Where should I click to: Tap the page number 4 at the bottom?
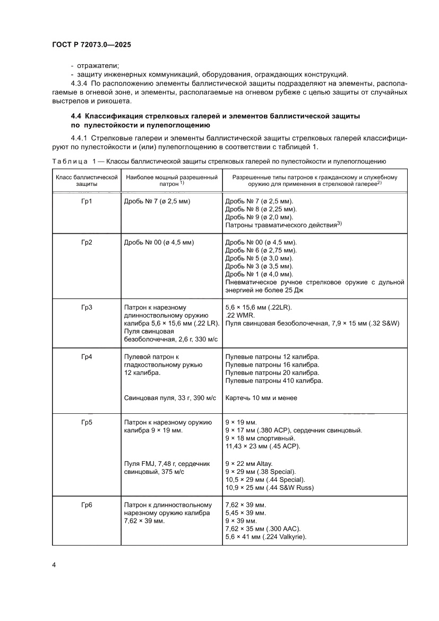54,564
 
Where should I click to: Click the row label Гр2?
87,242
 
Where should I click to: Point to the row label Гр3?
87,307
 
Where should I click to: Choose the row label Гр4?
87,356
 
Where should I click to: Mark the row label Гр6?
87,505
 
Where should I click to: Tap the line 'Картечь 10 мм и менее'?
261,398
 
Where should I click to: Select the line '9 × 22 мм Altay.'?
248,464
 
